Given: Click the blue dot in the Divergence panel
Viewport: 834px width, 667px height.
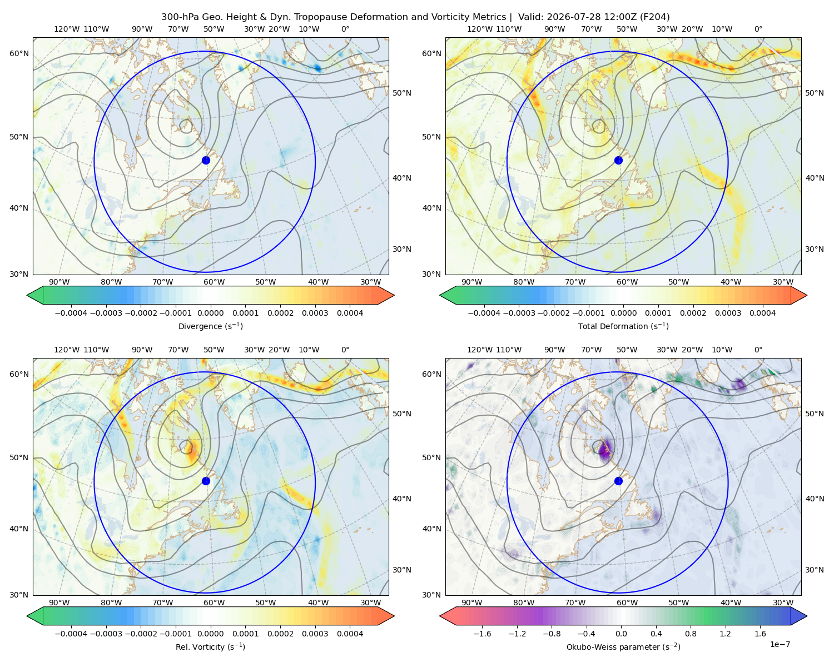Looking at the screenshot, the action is point(206,161).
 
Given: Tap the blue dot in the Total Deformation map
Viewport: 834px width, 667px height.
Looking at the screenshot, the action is point(618,161).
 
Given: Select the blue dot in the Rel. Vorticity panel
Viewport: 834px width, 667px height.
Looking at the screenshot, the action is point(206,481).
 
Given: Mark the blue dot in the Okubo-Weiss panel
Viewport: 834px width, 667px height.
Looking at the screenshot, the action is point(618,481).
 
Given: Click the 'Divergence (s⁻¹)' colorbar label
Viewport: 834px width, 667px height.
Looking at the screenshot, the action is point(210,326).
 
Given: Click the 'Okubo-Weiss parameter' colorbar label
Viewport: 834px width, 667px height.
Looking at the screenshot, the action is point(610,647).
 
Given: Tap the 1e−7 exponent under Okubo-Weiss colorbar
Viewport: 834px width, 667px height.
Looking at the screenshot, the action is point(780,644).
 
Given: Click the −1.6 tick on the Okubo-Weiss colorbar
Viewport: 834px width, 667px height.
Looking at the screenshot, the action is point(482,634).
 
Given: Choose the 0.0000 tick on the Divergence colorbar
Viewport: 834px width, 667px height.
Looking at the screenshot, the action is point(210,313).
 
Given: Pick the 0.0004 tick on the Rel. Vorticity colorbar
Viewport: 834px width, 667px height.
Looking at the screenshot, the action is point(350,634).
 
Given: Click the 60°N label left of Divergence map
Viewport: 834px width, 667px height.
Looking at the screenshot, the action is point(19,53).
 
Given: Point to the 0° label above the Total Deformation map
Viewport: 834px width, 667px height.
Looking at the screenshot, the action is point(758,29).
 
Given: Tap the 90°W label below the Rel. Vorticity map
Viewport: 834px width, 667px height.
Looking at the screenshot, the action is point(59,603).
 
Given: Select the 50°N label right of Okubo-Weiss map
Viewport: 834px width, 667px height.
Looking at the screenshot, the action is point(815,414).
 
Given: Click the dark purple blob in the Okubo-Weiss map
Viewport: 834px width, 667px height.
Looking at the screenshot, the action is point(605,451).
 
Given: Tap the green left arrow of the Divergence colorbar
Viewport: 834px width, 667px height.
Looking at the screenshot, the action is point(35,295).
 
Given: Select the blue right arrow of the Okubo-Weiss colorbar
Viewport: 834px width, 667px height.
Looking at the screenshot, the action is point(799,616).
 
